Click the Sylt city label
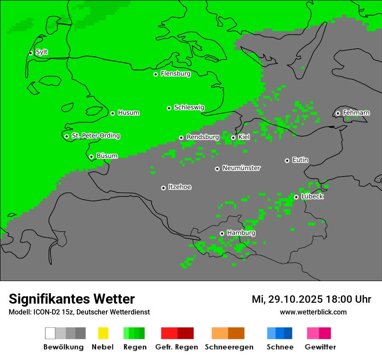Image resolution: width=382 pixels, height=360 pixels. click(42, 52)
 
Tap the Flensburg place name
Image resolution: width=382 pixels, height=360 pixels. click(175, 74)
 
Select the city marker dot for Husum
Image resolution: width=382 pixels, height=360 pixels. click(112, 113)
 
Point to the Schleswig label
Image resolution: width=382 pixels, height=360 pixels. click(189, 108)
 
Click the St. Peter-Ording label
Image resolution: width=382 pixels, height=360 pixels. click(95, 136)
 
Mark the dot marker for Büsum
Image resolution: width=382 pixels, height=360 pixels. click(91, 157)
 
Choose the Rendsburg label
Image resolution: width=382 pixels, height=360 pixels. click(202, 137)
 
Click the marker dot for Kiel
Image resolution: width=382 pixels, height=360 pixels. click(233, 137)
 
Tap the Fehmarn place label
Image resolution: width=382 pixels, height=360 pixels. click(356, 113)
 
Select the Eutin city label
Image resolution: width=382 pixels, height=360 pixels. click(300, 160)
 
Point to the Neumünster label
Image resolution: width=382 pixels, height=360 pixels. click(241, 168)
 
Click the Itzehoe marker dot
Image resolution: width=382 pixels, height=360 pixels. click(163, 188)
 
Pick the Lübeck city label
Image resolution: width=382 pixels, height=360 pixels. click(312, 196)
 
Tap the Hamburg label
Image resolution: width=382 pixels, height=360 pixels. click(241, 233)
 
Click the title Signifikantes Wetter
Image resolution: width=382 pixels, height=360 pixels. click(72, 299)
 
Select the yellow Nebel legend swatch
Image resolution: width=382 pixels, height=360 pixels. click(103, 333)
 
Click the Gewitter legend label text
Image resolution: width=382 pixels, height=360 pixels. click(320, 347)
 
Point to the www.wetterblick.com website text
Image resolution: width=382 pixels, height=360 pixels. click(313, 312)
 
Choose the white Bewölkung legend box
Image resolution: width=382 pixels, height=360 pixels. click(50, 333)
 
